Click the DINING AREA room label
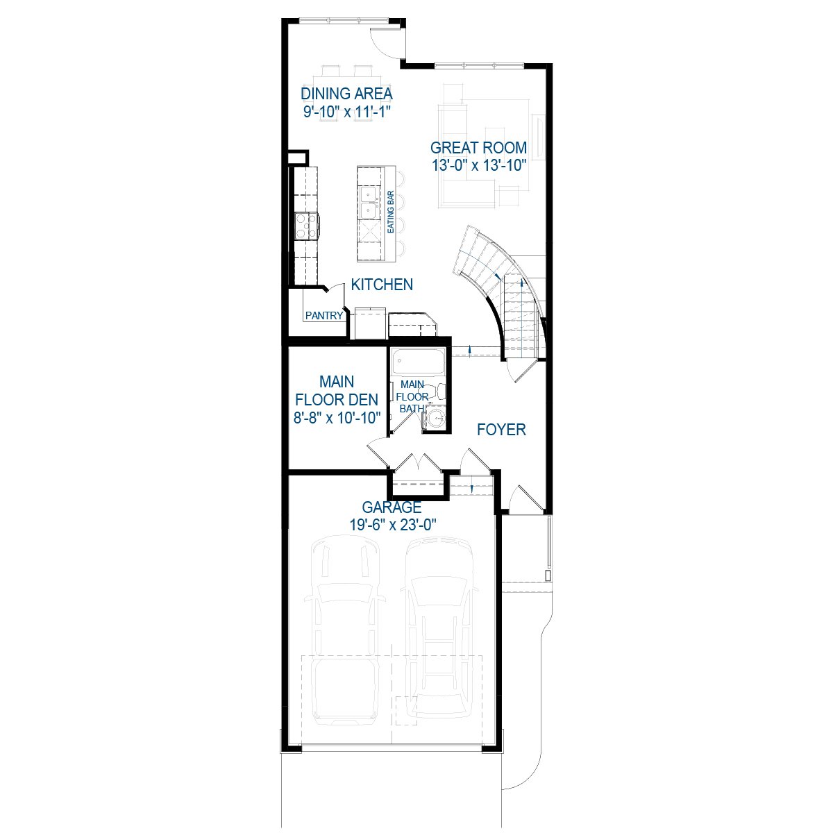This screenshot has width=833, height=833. click(346, 94)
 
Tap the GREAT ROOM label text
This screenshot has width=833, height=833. click(478, 148)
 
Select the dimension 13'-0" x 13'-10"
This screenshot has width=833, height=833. click(478, 166)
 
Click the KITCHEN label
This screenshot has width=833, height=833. click(382, 285)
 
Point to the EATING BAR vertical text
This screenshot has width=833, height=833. click(391, 212)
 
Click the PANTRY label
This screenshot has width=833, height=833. click(324, 316)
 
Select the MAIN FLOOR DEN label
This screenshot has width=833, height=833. click(337, 391)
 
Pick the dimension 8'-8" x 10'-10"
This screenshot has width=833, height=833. click(337, 418)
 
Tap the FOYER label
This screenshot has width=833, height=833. click(501, 430)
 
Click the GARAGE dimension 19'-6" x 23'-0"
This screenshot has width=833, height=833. click(392, 525)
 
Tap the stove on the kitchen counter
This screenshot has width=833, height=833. click(306, 225)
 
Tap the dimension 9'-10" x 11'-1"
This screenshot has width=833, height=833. click(346, 112)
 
